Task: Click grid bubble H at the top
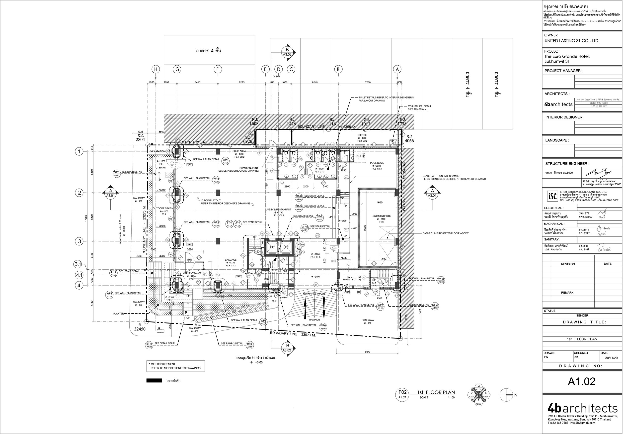coord(156,69)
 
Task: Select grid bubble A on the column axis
coord(397,69)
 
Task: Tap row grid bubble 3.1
coord(78,264)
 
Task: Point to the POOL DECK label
coord(377,163)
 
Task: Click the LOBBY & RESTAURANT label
coord(278,210)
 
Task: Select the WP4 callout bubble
coord(226,161)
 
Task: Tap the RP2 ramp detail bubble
coord(250,345)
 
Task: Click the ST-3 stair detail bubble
coord(435,306)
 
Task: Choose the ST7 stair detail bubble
coord(116,174)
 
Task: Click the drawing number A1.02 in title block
coord(581,382)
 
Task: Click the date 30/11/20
coord(611,358)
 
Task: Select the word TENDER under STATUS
coord(582,315)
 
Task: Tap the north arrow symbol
coord(507,395)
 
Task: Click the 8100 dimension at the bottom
coord(367,352)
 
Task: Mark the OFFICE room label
coord(362,135)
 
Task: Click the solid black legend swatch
coord(154,380)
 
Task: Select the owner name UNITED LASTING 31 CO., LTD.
coord(572,41)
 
